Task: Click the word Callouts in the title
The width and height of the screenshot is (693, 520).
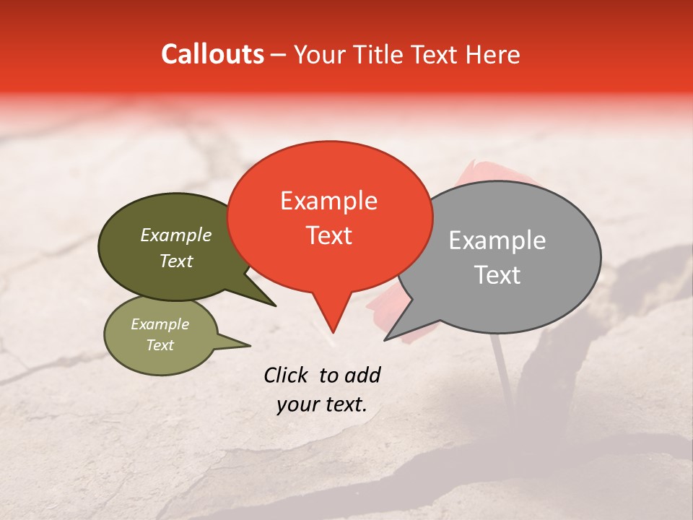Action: click(x=212, y=55)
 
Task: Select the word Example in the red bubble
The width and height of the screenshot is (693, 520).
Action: click(x=328, y=201)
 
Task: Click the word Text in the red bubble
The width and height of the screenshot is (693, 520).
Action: click(x=328, y=235)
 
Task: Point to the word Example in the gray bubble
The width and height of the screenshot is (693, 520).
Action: click(x=497, y=240)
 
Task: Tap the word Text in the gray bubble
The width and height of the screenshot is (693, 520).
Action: click(x=497, y=275)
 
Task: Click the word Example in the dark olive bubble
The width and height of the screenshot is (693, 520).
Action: click(x=175, y=235)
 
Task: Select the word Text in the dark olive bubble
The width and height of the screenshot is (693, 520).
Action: click(x=175, y=261)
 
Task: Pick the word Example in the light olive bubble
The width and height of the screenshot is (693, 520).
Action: click(x=160, y=324)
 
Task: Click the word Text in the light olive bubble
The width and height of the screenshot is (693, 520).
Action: click(x=160, y=345)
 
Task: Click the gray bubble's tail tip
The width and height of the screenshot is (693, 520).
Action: click(x=385, y=339)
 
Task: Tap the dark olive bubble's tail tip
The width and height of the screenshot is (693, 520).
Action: click(x=274, y=305)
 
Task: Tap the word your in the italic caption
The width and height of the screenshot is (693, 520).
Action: click(x=297, y=405)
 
